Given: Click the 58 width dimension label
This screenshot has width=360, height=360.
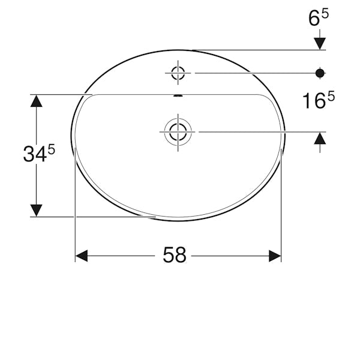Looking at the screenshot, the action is [x=174, y=255].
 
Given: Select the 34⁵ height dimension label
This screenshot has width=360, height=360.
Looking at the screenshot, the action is [x=39, y=154].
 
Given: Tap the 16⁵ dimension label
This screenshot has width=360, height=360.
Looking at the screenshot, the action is [x=319, y=100].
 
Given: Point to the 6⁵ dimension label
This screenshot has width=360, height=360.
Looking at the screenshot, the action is [x=319, y=17].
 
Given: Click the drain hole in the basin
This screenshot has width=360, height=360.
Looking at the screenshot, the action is [x=178, y=132].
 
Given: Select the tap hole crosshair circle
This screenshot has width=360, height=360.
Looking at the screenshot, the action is [x=178, y=73].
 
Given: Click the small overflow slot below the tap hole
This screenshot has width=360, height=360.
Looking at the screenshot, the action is [x=178, y=95].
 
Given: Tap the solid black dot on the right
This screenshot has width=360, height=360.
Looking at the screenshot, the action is [x=320, y=73].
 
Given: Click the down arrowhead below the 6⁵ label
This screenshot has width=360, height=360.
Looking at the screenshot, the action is [x=320, y=44].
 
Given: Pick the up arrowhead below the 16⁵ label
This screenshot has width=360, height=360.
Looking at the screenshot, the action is [x=320, y=139].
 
